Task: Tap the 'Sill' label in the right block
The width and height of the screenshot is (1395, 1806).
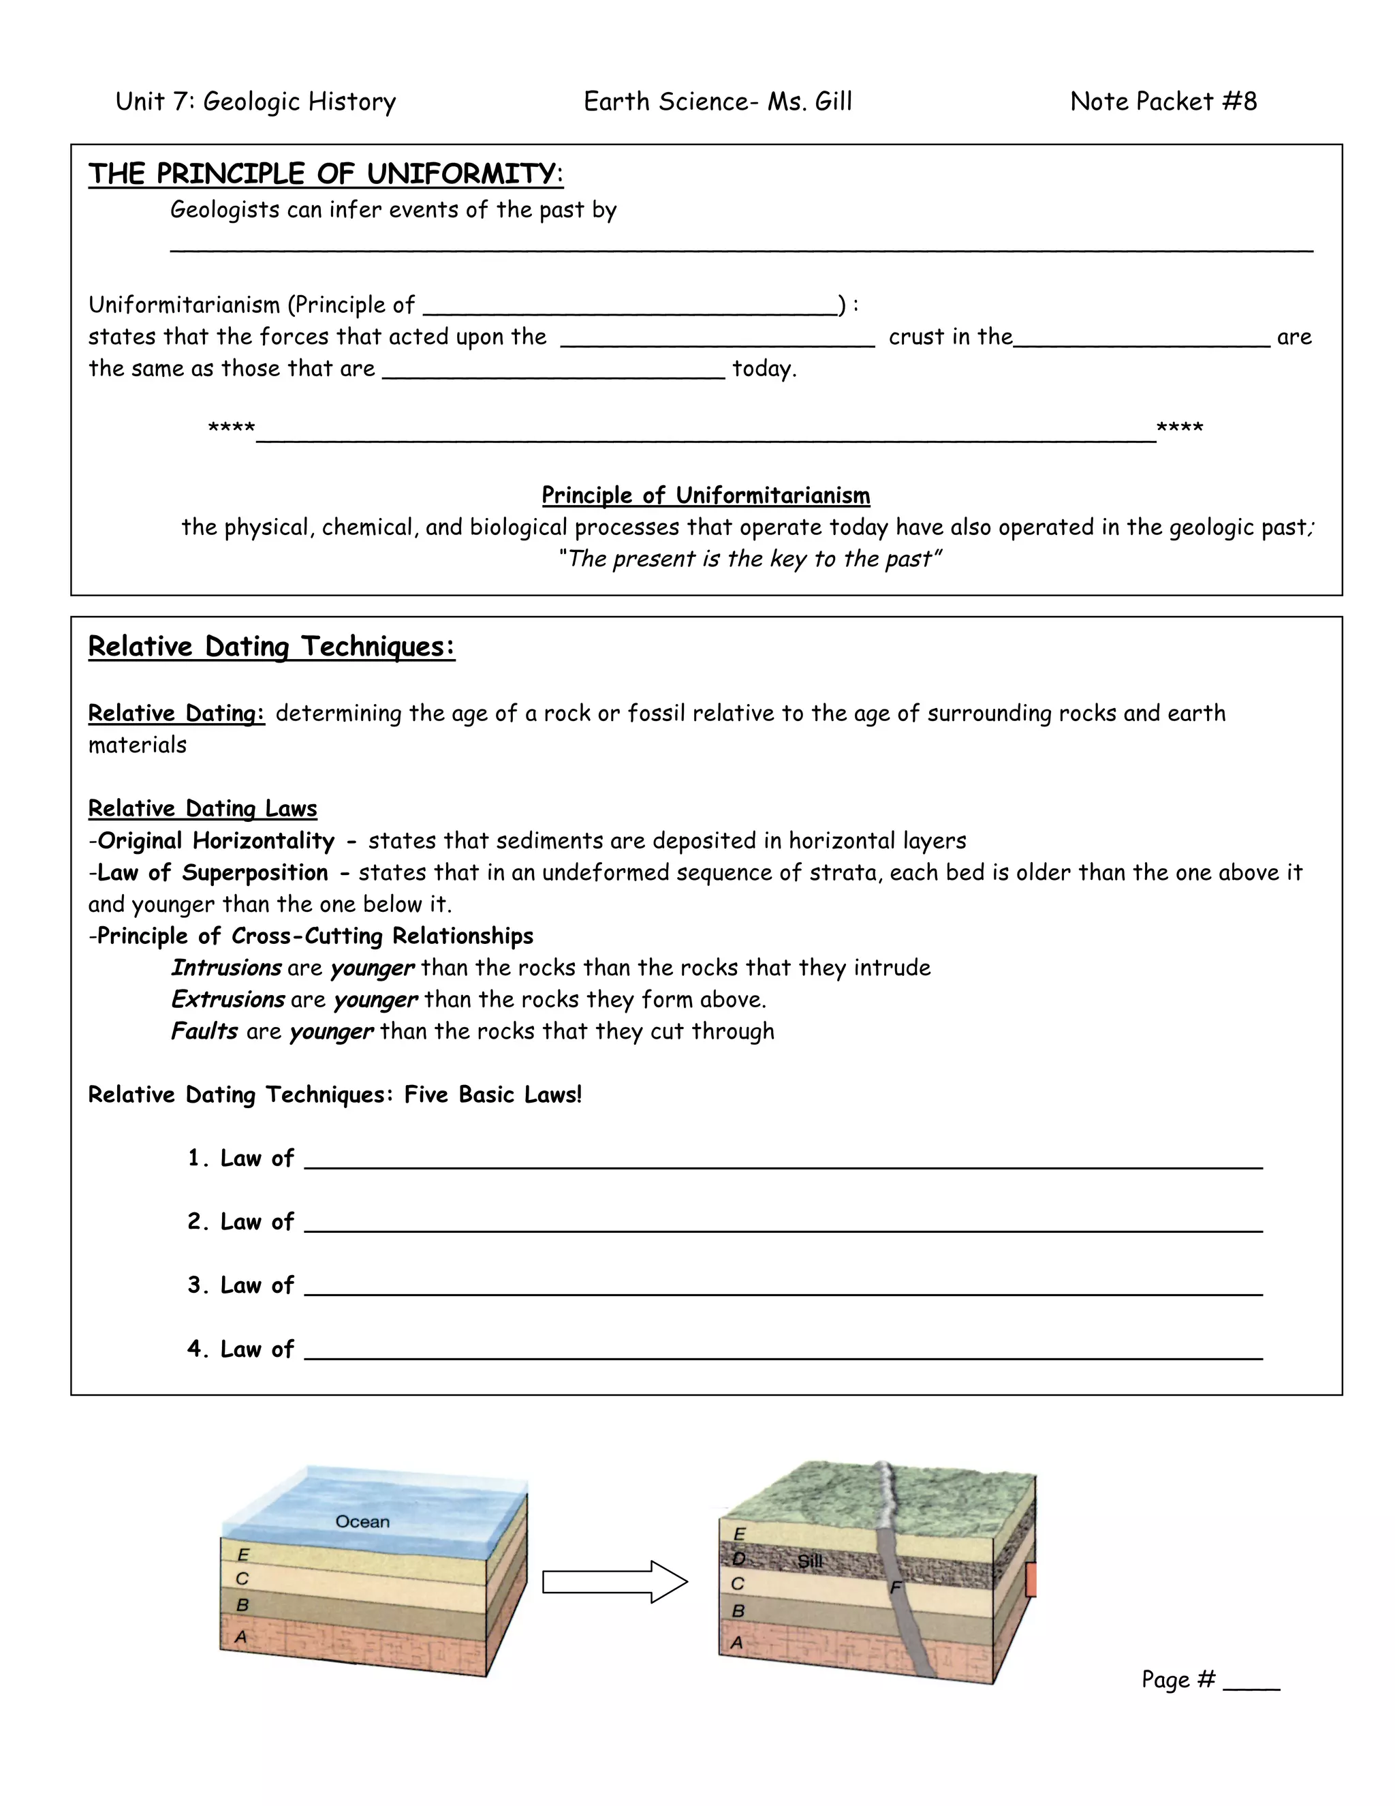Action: (810, 1561)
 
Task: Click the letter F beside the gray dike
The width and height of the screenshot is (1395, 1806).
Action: (896, 1588)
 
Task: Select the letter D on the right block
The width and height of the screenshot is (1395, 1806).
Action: (739, 1559)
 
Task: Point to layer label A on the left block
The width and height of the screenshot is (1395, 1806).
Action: (241, 1636)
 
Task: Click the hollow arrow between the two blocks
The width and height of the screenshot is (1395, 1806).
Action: (615, 1582)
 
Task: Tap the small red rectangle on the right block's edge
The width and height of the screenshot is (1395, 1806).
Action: (1031, 1580)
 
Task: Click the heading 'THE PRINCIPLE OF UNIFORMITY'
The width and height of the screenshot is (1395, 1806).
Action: (326, 174)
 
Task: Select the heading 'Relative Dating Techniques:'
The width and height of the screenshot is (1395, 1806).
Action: (271, 647)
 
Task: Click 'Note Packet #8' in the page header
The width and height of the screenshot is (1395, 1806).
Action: (1163, 102)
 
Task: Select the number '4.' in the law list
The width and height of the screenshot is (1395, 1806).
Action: (198, 1349)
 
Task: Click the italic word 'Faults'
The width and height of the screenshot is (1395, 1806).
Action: (204, 1031)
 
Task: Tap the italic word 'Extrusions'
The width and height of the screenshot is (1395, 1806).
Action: (228, 1000)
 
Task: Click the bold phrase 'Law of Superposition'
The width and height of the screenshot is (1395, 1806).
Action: (213, 872)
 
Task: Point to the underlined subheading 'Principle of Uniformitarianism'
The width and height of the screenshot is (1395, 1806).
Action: (706, 495)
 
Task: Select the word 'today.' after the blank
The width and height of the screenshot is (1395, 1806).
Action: (764, 369)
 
